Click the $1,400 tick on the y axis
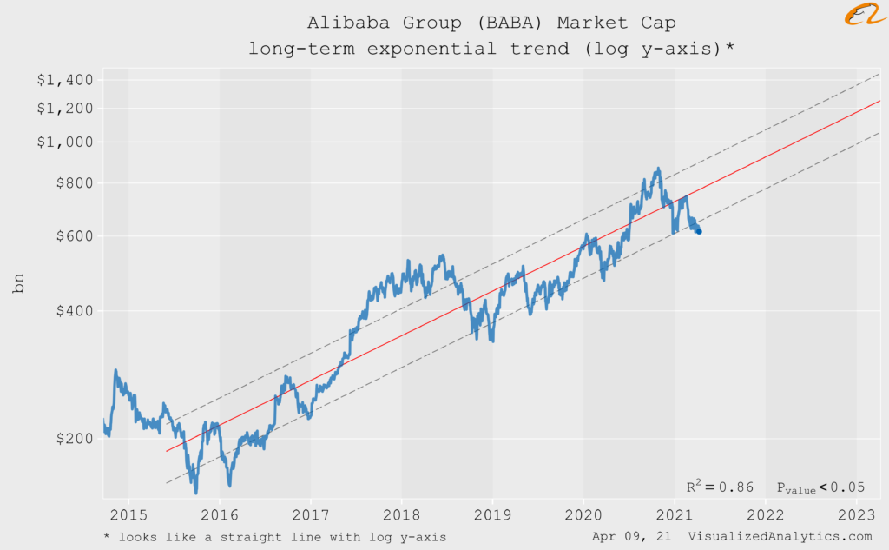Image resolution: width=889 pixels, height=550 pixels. point(64,80)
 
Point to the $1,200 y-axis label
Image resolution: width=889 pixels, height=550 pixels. point(64,109)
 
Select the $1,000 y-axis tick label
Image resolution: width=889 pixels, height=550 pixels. point(64,142)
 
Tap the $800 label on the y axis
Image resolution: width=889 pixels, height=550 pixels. point(71,183)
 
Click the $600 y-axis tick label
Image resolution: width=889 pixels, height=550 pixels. point(71,236)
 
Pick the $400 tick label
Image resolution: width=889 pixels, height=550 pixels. point(71,310)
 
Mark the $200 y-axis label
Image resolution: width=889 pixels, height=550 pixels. point(71,439)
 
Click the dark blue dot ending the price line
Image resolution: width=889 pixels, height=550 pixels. point(699,231)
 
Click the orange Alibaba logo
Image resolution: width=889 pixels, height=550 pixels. point(863,16)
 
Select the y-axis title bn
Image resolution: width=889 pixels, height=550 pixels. point(19,282)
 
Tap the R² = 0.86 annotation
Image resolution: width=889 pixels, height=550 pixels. point(720,487)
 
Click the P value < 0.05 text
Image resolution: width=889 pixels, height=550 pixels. point(820,488)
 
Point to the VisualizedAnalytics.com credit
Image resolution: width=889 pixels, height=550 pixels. point(780,537)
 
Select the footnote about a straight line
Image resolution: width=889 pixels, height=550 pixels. point(274,537)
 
